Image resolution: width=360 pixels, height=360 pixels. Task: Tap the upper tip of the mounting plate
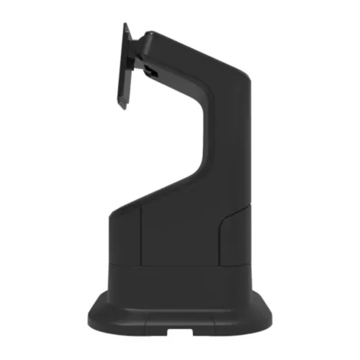click(126, 24)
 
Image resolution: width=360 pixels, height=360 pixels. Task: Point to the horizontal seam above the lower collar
click(180, 264)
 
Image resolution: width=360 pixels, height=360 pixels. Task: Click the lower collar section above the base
click(180, 284)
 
